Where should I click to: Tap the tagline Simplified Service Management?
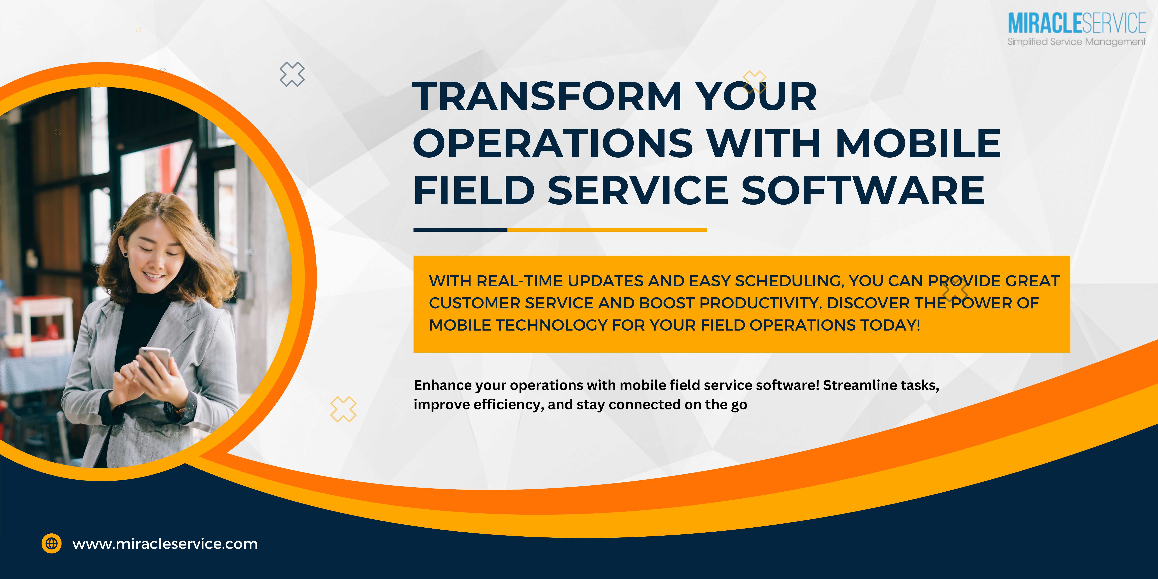pos(1077,42)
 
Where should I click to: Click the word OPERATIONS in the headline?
pos(553,143)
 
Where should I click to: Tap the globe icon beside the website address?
pos(52,543)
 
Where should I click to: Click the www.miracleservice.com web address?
pos(165,544)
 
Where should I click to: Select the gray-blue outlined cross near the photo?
pos(292,74)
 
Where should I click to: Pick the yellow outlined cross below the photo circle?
pos(343,409)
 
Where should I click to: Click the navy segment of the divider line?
pos(460,230)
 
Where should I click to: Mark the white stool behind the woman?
pos(40,324)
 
